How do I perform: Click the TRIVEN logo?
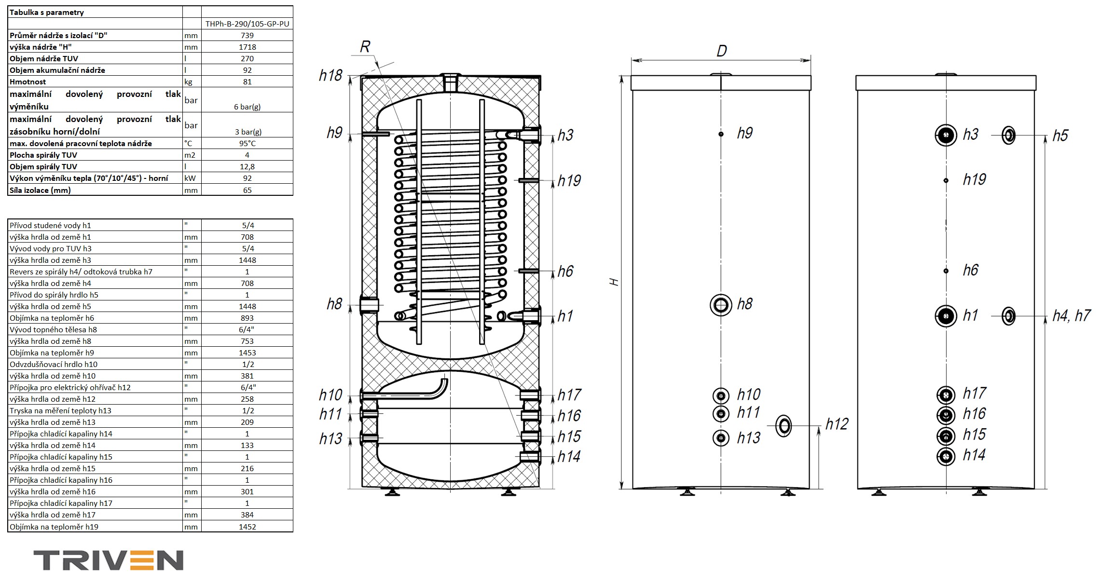tap(108, 560)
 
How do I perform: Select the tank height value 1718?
tap(247, 47)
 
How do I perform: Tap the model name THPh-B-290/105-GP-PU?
tap(247, 24)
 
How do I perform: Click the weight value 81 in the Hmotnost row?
tap(247, 81)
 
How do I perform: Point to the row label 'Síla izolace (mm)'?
tap(40, 190)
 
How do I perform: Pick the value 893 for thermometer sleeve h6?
tap(247, 318)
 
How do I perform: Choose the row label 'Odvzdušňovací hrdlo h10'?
tap(54, 364)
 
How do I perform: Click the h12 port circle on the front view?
tap(783, 426)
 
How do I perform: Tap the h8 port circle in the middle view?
tap(721, 305)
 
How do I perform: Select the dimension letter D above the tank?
tap(721, 51)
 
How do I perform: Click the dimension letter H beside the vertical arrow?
tap(614, 282)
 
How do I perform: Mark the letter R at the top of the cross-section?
tap(365, 47)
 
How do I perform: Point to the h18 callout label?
tap(330, 76)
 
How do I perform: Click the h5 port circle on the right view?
tap(1008, 136)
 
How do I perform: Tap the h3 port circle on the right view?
tap(946, 135)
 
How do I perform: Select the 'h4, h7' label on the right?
tap(1071, 316)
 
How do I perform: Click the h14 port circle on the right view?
tap(946, 456)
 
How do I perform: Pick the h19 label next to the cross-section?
tap(569, 181)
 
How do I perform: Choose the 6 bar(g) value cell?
tap(247, 107)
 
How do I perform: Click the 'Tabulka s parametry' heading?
tap(47, 13)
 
